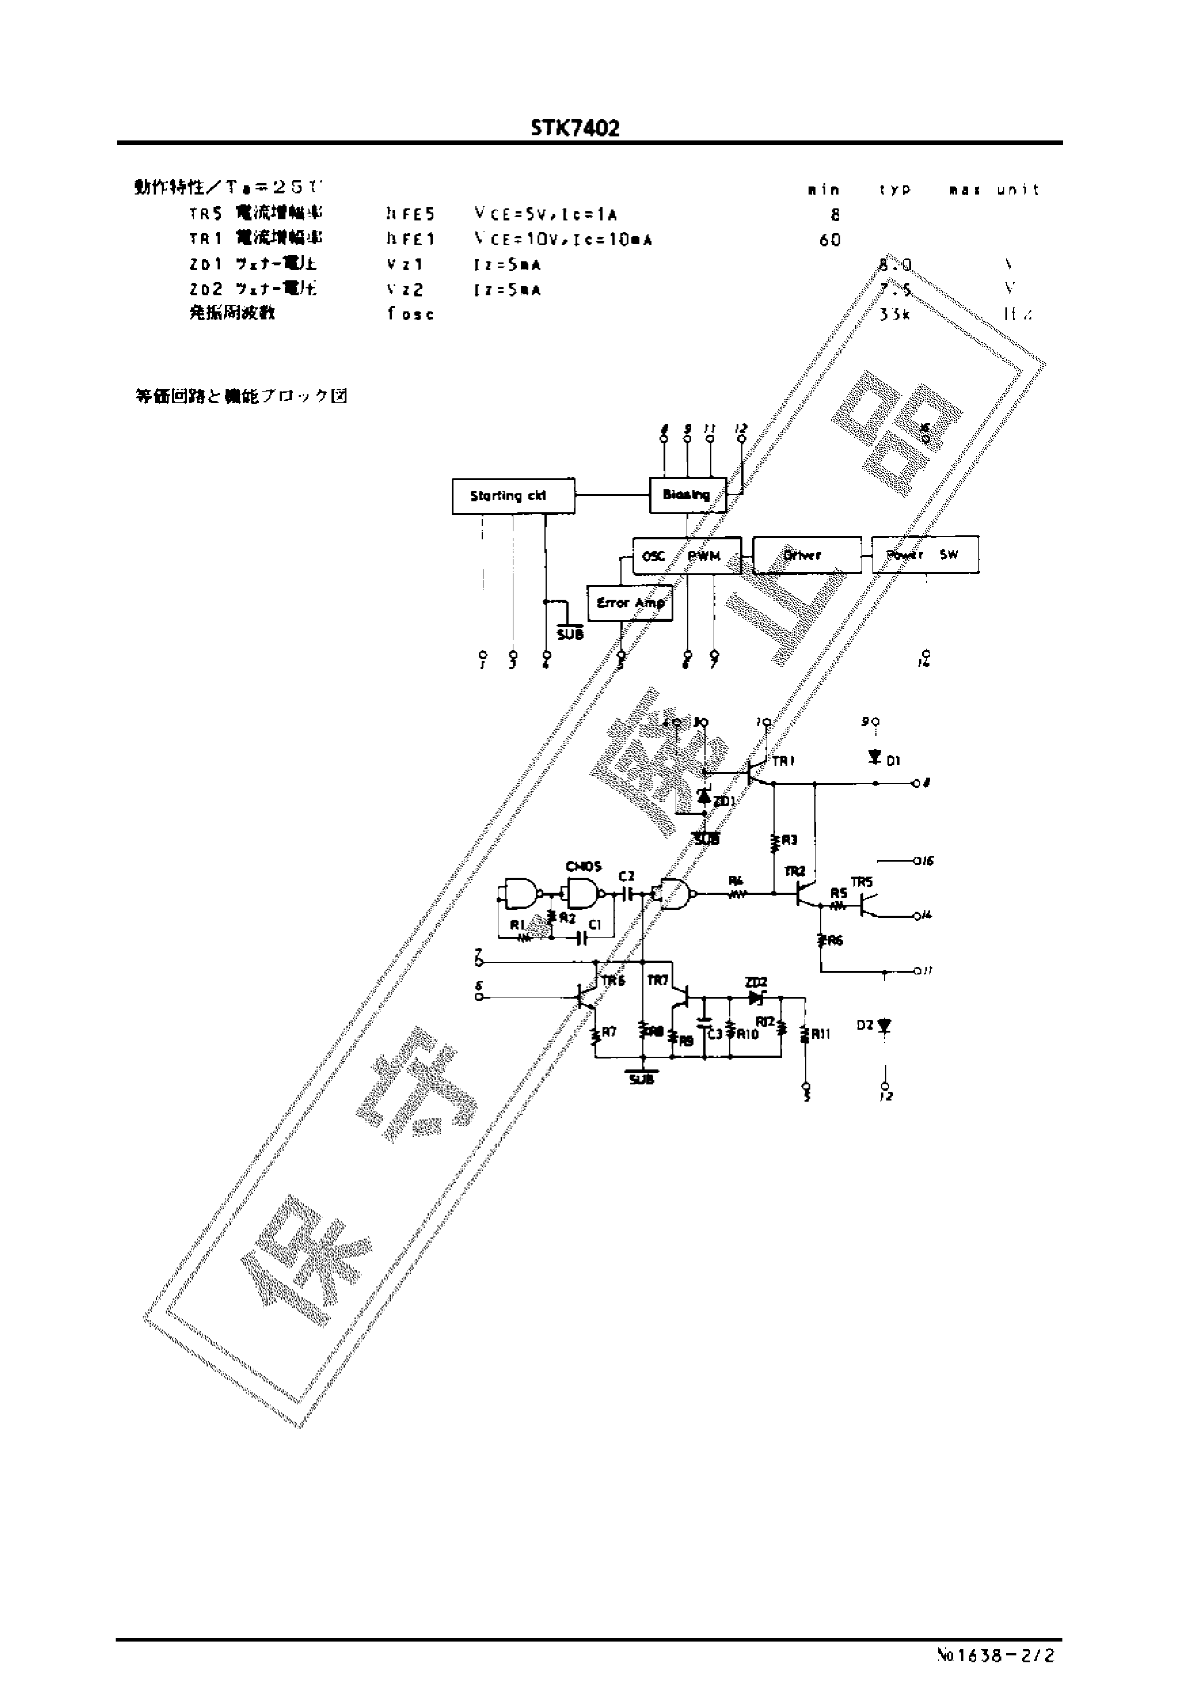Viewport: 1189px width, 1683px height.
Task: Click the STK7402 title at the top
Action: point(576,129)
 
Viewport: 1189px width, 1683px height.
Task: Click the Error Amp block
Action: point(630,603)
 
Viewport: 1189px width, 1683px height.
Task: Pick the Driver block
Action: point(806,555)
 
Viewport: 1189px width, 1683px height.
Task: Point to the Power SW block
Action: point(924,555)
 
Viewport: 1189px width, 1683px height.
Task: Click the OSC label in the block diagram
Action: point(653,557)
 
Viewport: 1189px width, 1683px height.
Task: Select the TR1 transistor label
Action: point(783,761)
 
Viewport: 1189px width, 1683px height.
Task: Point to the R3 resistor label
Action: point(789,840)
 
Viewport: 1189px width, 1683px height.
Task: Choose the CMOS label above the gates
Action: point(584,866)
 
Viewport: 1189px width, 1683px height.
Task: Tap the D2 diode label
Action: point(865,1025)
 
